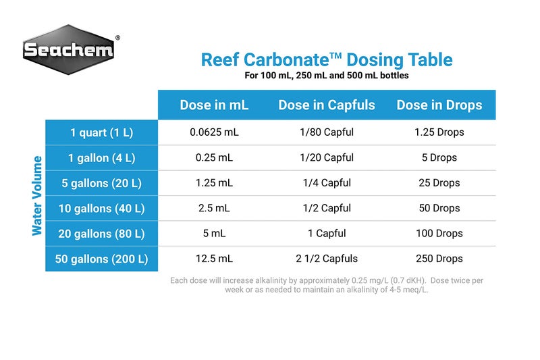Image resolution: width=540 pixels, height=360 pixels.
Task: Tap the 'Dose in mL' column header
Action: click(x=214, y=105)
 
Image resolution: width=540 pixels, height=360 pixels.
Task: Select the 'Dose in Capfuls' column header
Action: click(x=327, y=105)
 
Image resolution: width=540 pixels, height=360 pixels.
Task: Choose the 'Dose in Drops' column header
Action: click(x=439, y=105)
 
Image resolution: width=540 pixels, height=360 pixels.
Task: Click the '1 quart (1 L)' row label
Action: click(x=103, y=132)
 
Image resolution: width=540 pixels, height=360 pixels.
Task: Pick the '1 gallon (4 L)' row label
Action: click(x=103, y=158)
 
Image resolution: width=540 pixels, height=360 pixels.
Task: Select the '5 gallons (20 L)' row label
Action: click(x=103, y=183)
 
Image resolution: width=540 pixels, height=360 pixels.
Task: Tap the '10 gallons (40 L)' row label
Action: click(x=103, y=209)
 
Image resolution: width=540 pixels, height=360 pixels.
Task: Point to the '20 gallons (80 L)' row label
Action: click(x=103, y=234)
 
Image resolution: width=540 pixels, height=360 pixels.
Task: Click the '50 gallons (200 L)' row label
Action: click(x=103, y=259)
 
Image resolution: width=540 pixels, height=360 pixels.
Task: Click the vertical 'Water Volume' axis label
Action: click(x=37, y=196)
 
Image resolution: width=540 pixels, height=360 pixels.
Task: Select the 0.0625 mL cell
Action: click(x=214, y=132)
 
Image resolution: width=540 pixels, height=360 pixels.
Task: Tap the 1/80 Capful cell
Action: click(x=327, y=132)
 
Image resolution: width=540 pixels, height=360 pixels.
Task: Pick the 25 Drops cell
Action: click(x=439, y=183)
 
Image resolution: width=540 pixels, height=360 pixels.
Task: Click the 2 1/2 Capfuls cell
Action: click(x=327, y=259)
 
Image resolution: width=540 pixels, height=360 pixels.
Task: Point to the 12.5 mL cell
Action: click(x=214, y=259)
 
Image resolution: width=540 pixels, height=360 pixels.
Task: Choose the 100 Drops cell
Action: click(x=439, y=234)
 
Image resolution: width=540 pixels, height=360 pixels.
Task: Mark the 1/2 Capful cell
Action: click(x=327, y=209)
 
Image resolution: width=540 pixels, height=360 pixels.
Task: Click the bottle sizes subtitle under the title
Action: click(x=327, y=76)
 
